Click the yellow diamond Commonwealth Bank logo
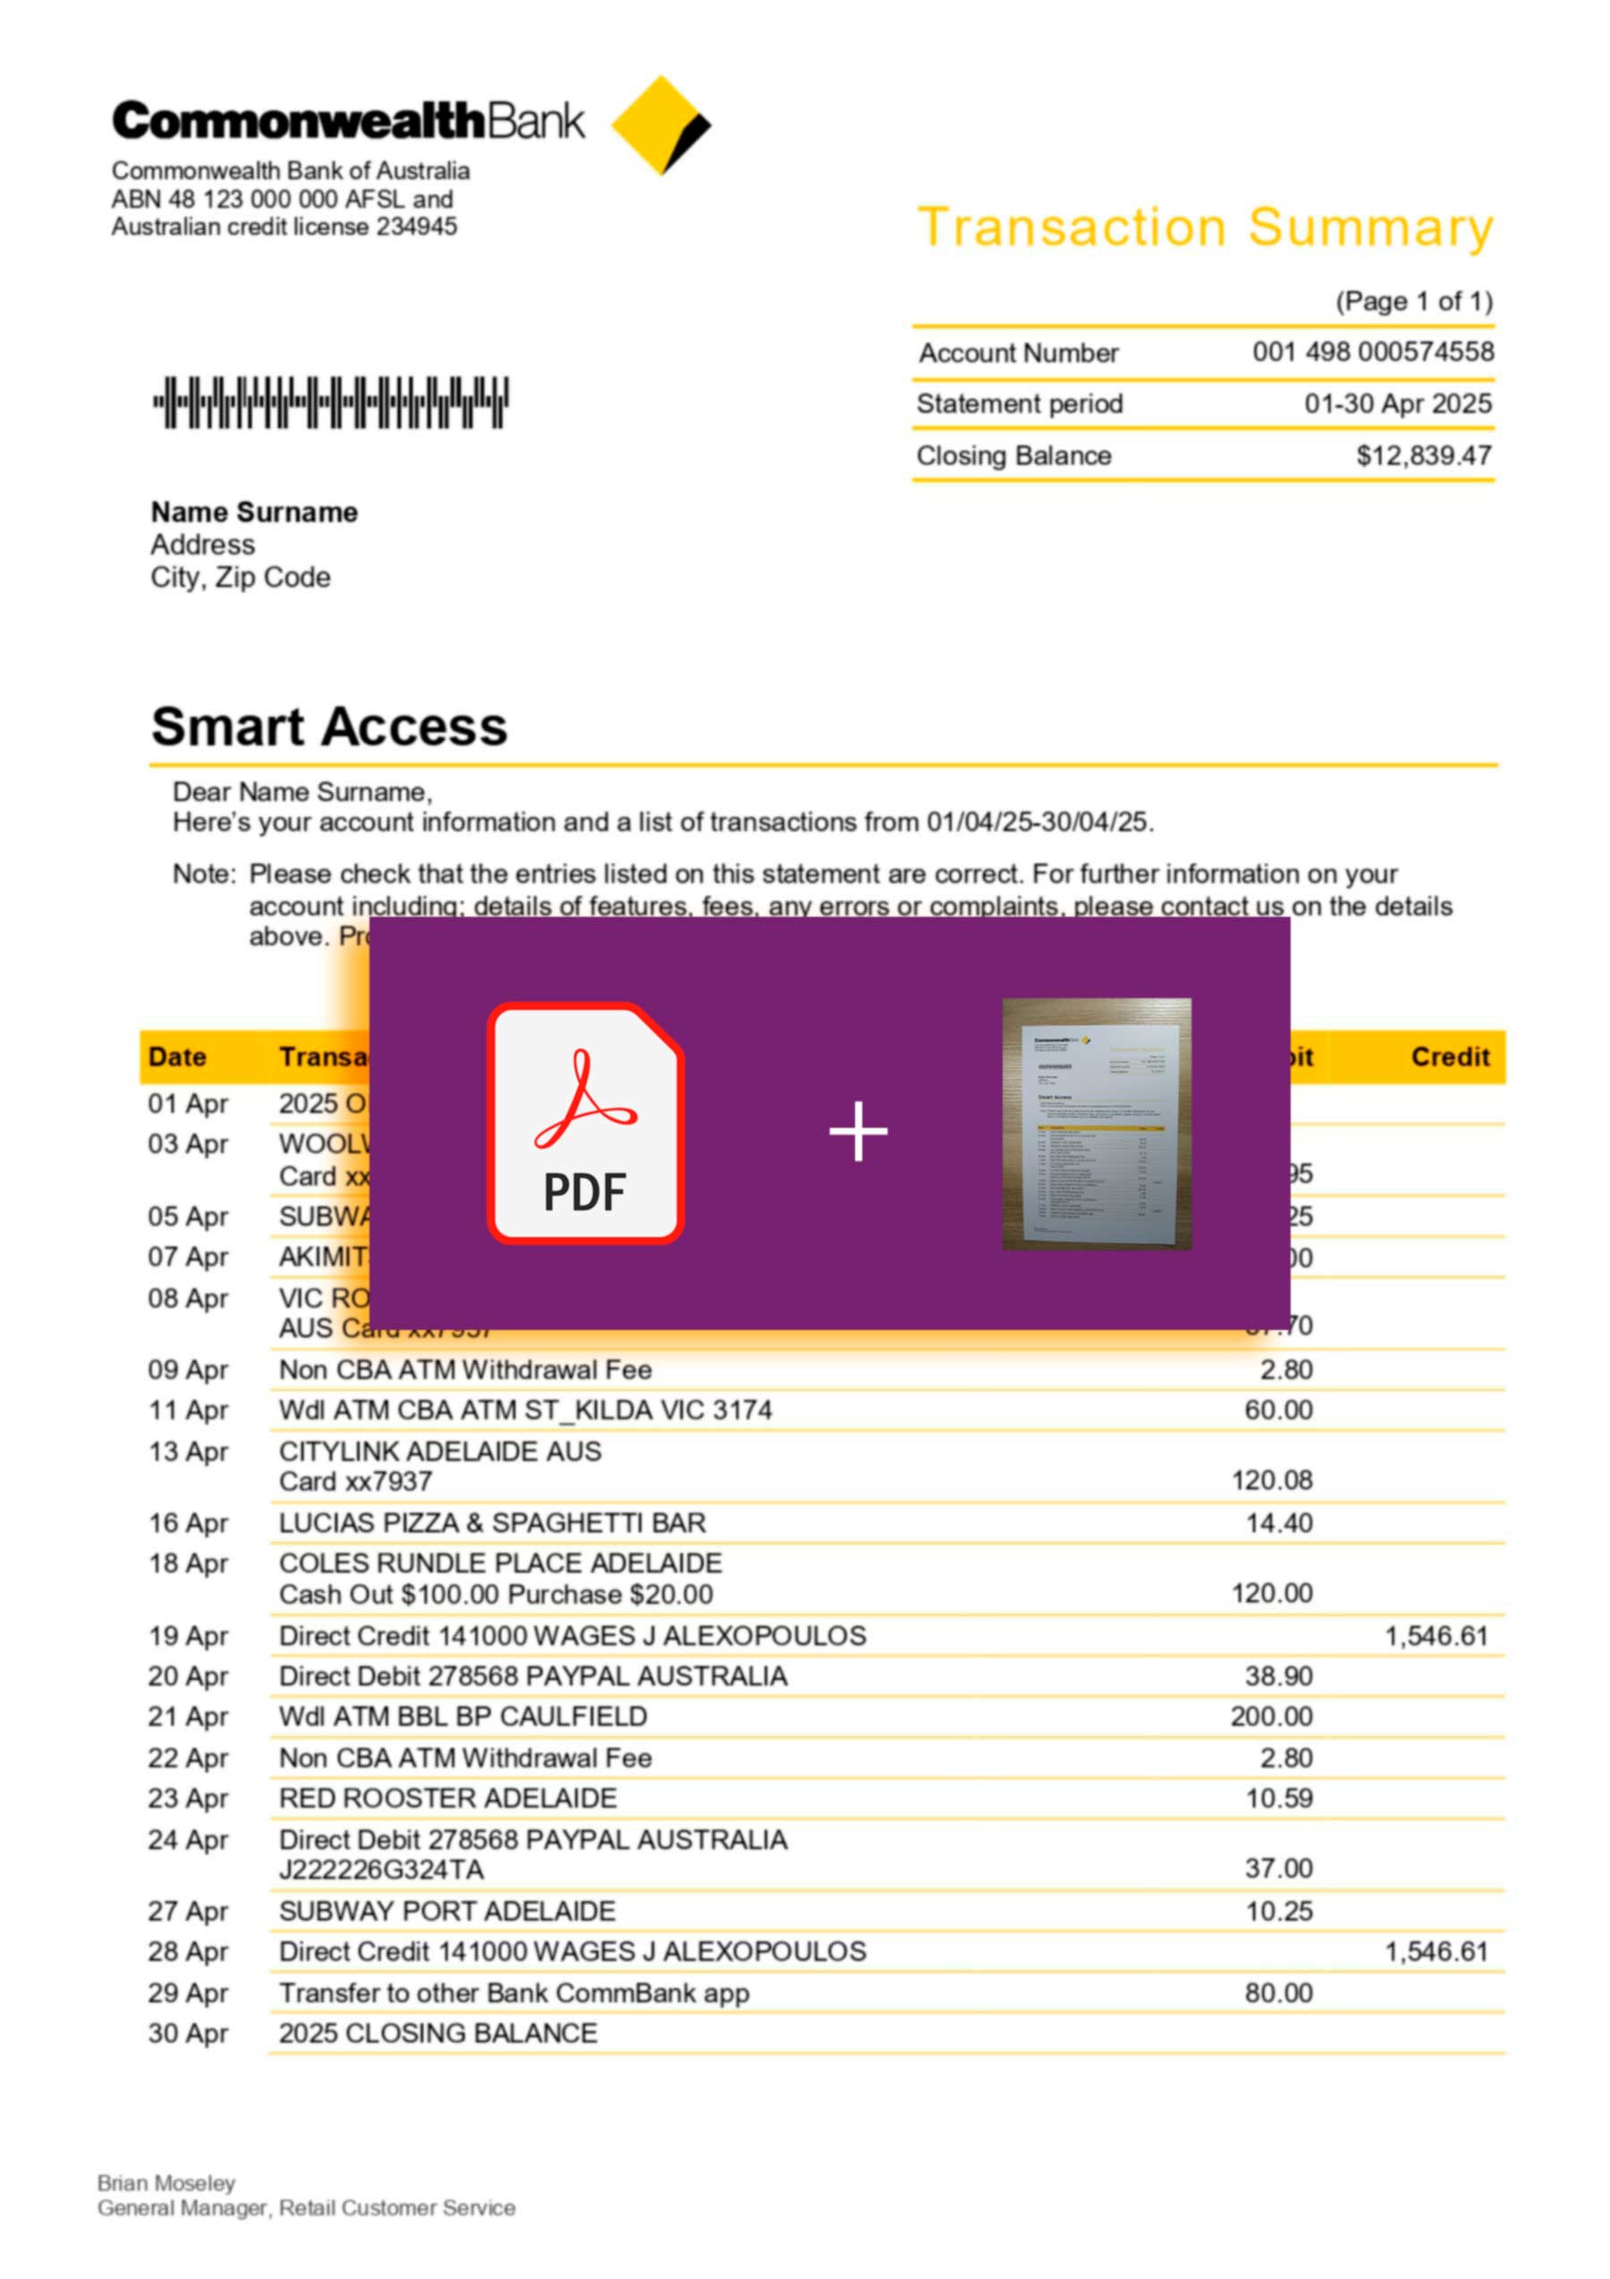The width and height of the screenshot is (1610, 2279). pyautogui.click(x=660, y=125)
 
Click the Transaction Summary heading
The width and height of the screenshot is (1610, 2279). pyautogui.click(x=1204, y=227)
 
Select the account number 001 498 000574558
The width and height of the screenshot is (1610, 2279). pyautogui.click(x=1372, y=352)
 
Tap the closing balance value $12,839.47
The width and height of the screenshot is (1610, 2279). pyautogui.click(x=1423, y=455)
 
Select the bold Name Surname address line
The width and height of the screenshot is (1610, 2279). pyautogui.click(x=254, y=513)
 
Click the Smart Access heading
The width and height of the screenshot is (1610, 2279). pyautogui.click(x=328, y=726)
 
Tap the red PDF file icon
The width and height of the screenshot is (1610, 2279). pyautogui.click(x=585, y=1123)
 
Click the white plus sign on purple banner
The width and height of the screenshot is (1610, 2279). pyautogui.click(x=858, y=1131)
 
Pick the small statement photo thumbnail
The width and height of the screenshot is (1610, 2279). pyautogui.click(x=1096, y=1123)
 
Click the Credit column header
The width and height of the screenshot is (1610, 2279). pyautogui.click(x=1449, y=1057)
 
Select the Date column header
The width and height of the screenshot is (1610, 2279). pyautogui.click(x=177, y=1057)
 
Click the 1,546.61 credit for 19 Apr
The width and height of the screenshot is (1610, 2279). pyautogui.click(x=1436, y=1636)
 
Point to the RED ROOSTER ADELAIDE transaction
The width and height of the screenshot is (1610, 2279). pyautogui.click(x=447, y=1798)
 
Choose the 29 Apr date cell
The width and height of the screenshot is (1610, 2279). pyautogui.click(x=188, y=1992)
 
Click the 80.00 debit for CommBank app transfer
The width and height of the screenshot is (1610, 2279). pyautogui.click(x=1278, y=1992)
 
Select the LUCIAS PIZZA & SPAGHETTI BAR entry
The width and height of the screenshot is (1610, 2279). pyautogui.click(x=491, y=1522)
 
